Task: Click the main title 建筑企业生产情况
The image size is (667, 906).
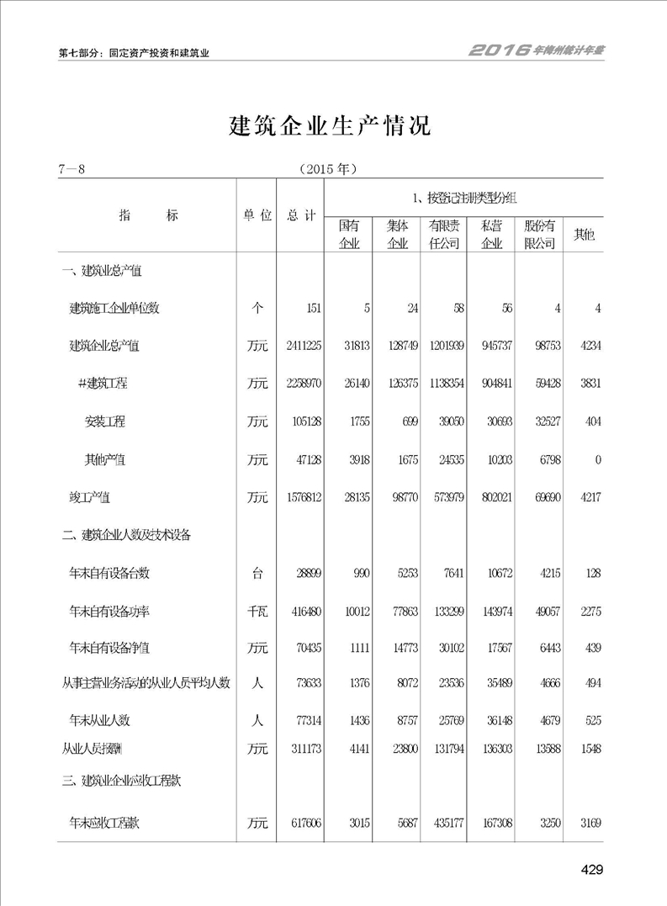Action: point(330,126)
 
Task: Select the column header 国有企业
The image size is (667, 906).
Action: point(349,235)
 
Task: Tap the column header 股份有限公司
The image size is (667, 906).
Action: point(539,235)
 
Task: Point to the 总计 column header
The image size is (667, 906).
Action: point(300,215)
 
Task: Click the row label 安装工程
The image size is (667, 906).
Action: point(105,421)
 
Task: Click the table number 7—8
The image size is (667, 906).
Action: point(72,169)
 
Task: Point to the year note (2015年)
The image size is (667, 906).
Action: point(329,169)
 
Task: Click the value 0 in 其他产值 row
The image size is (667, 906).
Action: point(597,460)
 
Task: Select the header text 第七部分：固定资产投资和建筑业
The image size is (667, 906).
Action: point(134,52)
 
